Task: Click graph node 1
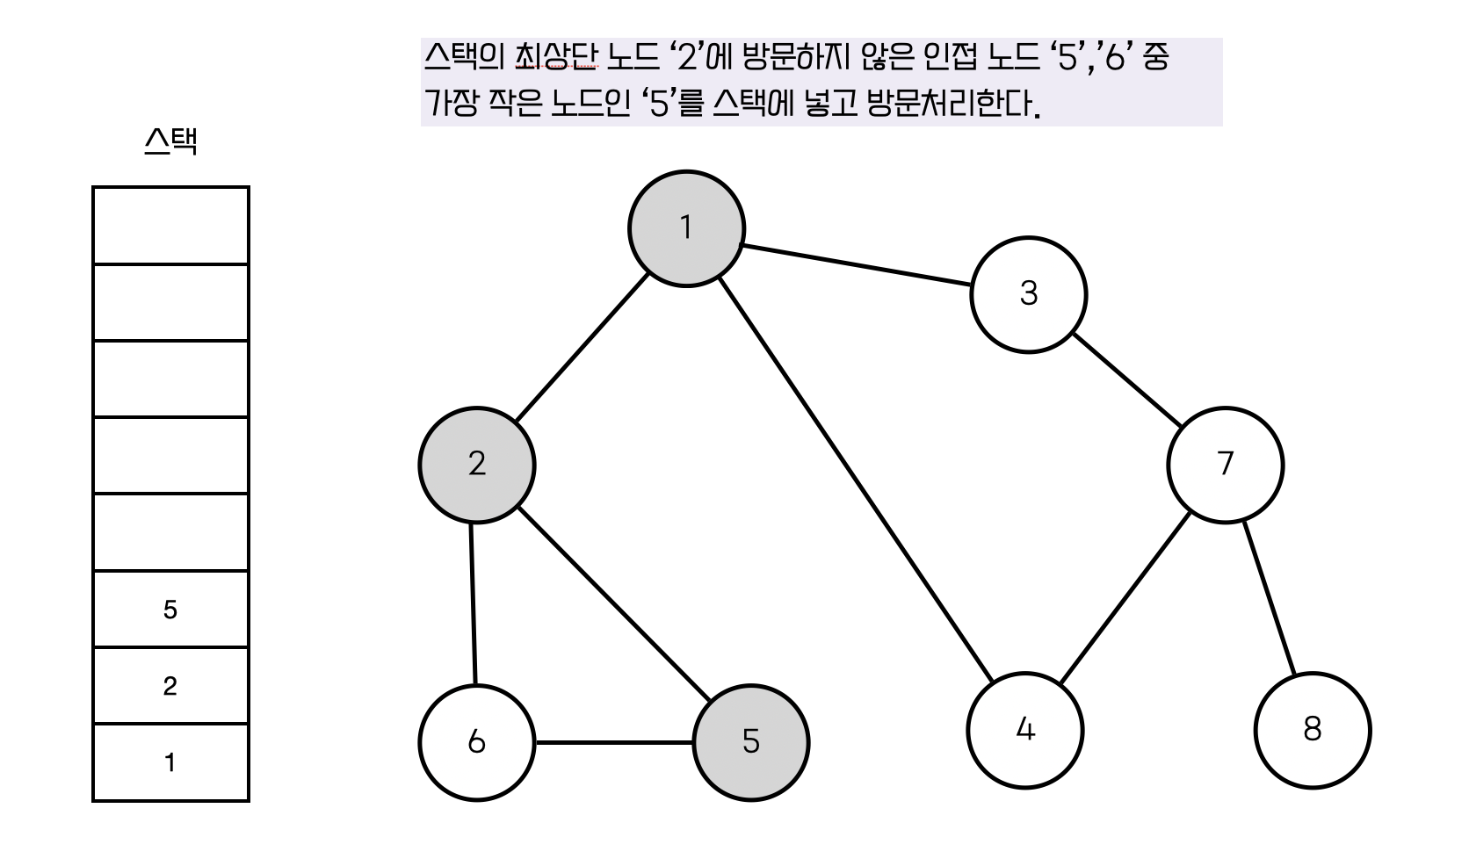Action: tap(686, 228)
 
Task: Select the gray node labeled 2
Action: tap(476, 465)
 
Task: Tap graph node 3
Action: tap(1028, 294)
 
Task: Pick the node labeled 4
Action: tap(1024, 730)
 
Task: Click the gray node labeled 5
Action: tap(750, 742)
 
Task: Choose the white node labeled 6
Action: tap(476, 742)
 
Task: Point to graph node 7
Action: tap(1225, 465)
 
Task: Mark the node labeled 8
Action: tap(1312, 730)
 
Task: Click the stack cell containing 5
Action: tap(170, 610)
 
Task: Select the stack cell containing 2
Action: tap(170, 686)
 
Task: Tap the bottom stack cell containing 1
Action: tap(170, 762)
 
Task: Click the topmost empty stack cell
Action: tap(170, 226)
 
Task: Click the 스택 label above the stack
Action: tap(170, 141)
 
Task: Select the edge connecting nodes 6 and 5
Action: tap(613, 742)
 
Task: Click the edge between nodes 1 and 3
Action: tap(857, 266)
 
